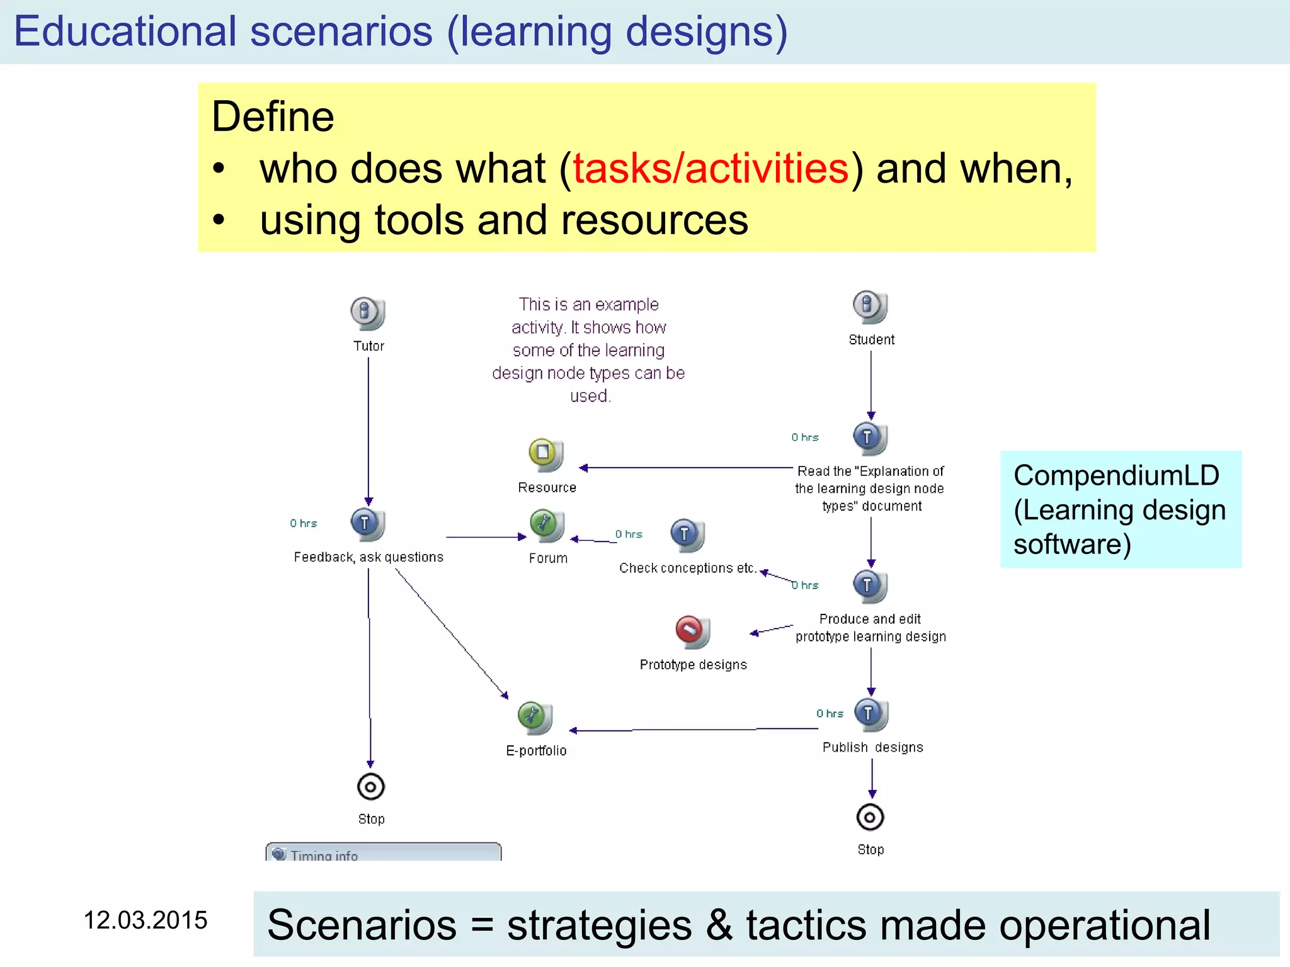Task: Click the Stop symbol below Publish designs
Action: (870, 817)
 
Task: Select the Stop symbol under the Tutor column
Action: (370, 786)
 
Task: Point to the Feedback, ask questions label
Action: (368, 557)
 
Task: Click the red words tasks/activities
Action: (711, 169)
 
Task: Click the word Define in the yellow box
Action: (273, 117)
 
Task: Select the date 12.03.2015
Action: (146, 920)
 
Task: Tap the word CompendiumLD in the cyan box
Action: (1116, 475)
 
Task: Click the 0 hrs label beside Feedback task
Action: (303, 523)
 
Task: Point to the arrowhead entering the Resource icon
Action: (583, 468)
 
